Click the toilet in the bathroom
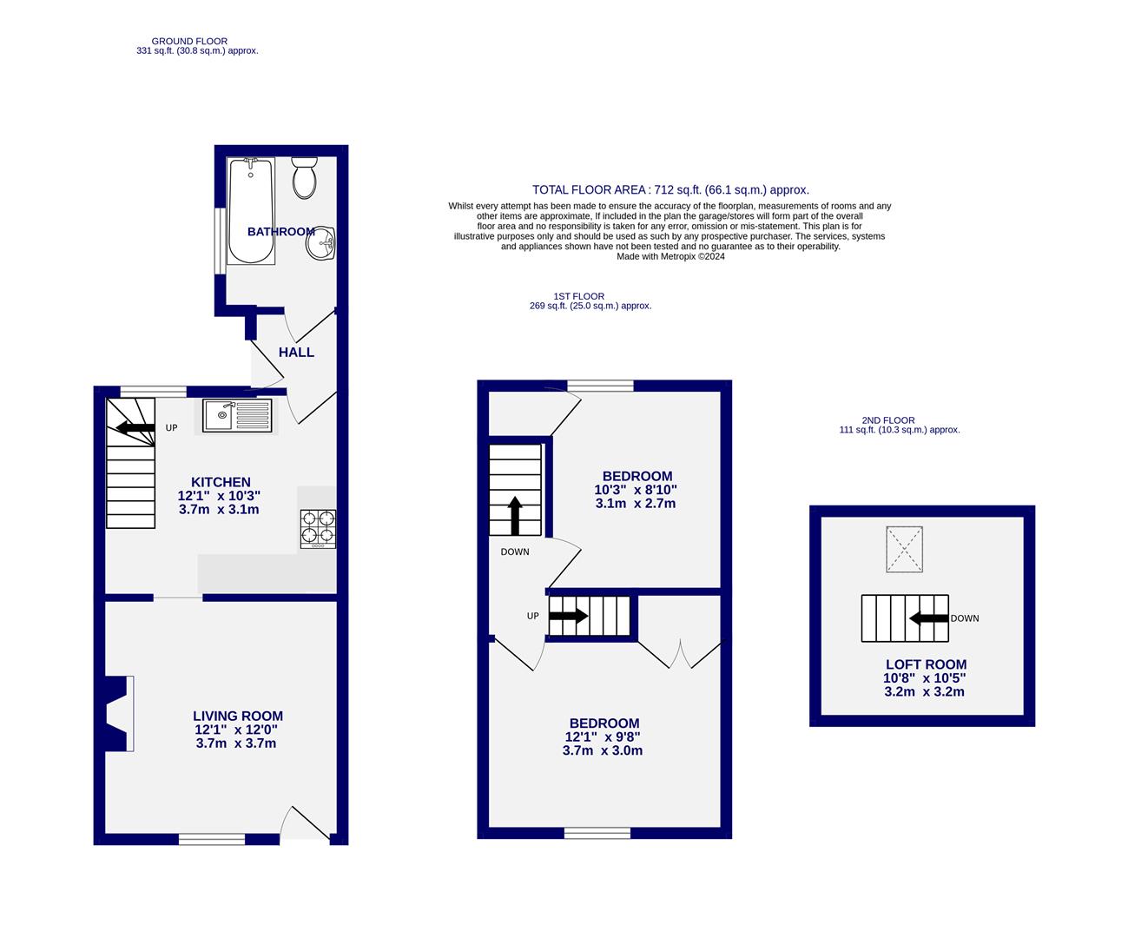[x=304, y=178]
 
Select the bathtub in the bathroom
[x=251, y=211]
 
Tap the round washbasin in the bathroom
[x=320, y=243]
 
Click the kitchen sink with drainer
[x=238, y=415]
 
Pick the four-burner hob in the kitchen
[x=318, y=528]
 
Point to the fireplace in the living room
[x=119, y=713]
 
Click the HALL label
[x=296, y=353]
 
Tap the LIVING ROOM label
[x=238, y=716]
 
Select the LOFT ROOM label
[x=926, y=664]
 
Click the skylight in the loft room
[x=904, y=549]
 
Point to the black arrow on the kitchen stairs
[x=135, y=427]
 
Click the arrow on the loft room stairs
[x=927, y=618]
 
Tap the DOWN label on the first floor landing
[x=515, y=552]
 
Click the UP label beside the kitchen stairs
[x=172, y=428]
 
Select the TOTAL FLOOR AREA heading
[x=670, y=189]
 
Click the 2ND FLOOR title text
[x=887, y=420]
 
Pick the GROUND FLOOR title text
[x=189, y=41]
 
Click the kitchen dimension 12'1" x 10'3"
[x=219, y=496]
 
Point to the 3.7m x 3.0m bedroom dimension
[x=603, y=750]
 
